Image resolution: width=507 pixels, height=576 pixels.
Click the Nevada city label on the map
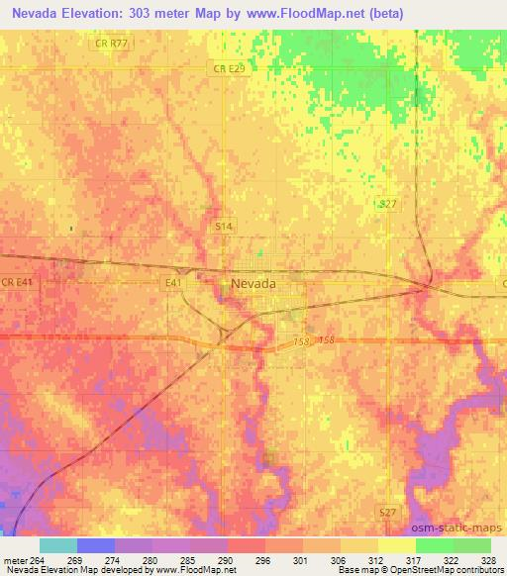click(253, 282)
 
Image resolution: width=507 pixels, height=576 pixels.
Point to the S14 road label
click(226, 227)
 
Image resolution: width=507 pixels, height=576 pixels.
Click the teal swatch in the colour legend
click(58, 544)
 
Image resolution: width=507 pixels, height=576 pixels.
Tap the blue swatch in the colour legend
click(96, 544)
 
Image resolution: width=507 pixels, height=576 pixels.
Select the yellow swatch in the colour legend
click(396, 544)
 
